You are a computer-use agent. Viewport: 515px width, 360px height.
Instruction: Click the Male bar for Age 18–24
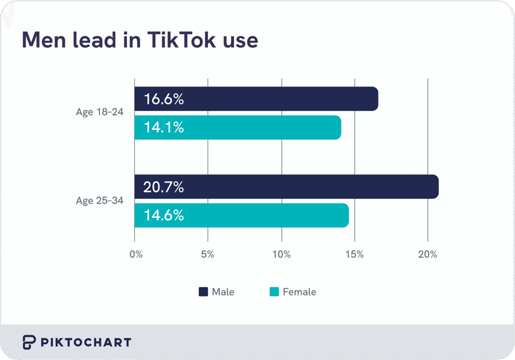(x=256, y=99)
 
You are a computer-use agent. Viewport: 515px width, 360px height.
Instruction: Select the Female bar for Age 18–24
(x=238, y=128)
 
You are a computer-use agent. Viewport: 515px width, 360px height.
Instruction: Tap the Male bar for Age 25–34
(x=287, y=187)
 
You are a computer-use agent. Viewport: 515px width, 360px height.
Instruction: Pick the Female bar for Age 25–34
(x=241, y=216)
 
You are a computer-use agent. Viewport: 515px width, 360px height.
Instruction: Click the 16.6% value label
(x=163, y=99)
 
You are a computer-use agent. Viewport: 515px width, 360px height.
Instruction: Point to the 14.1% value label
(x=163, y=128)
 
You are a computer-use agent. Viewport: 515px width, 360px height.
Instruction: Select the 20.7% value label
(x=163, y=187)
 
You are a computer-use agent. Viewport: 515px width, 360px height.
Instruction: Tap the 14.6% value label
(x=163, y=216)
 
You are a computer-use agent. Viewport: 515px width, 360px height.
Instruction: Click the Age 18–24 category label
(x=99, y=112)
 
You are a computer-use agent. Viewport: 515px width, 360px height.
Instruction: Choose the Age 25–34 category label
(x=99, y=201)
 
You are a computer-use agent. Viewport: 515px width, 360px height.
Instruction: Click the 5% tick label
(x=208, y=254)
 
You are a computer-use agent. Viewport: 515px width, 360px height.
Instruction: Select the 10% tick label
(x=282, y=254)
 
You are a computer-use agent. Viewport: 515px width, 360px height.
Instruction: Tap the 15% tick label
(x=355, y=254)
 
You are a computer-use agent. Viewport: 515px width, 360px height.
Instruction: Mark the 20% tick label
(x=427, y=254)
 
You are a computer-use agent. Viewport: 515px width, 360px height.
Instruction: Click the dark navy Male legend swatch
(x=203, y=292)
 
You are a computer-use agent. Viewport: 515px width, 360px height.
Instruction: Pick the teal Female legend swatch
(x=274, y=292)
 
